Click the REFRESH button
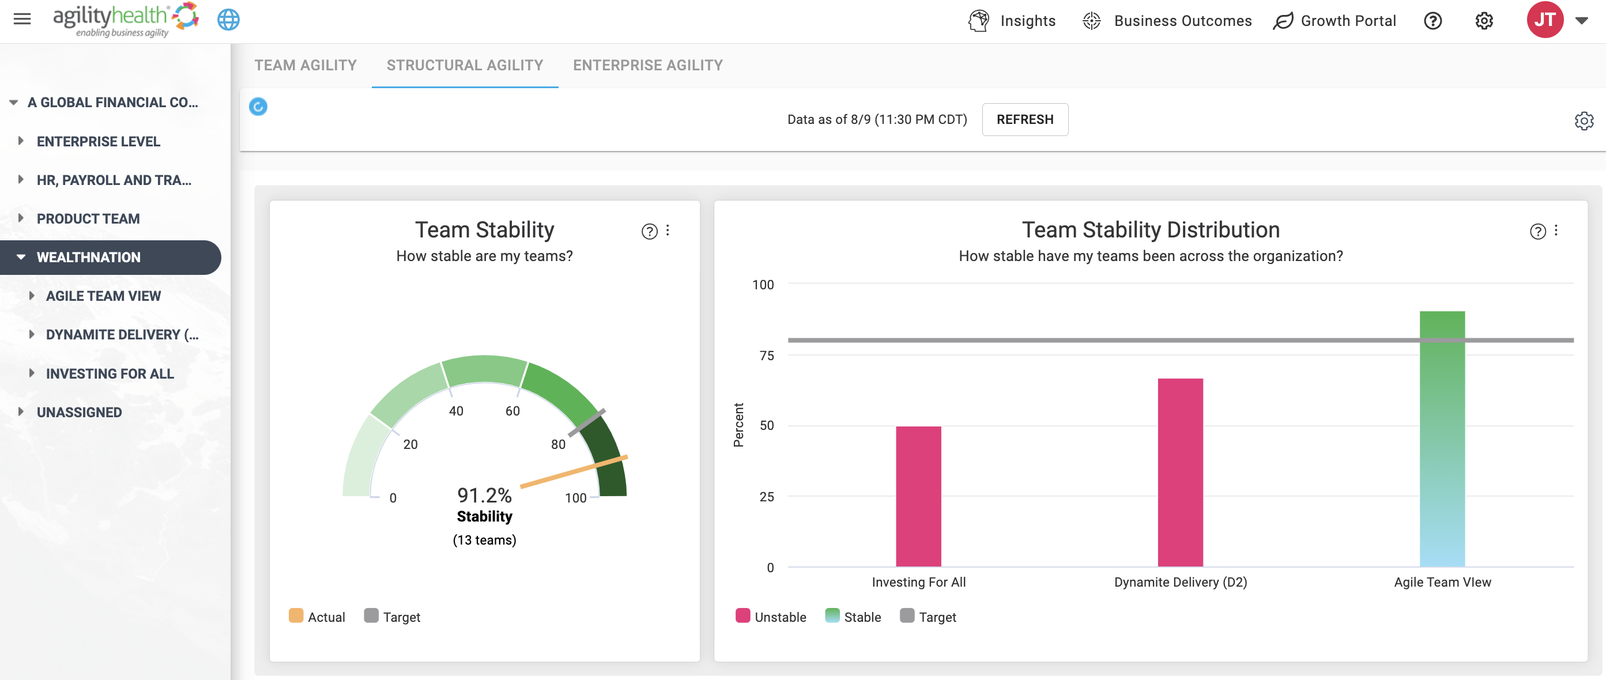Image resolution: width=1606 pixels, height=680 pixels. [x=1025, y=119]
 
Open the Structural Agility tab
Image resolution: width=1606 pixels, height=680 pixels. [x=465, y=66]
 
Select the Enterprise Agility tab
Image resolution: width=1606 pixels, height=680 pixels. [x=648, y=66]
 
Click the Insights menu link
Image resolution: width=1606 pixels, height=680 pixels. [x=1012, y=21]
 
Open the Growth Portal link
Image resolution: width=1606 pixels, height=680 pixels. [x=1335, y=21]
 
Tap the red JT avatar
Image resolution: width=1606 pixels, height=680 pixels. [x=1545, y=20]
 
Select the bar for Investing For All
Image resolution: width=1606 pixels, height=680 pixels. [x=918, y=496]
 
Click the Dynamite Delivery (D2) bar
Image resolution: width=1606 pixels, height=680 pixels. [x=1180, y=473]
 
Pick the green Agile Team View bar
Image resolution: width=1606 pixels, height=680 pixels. [x=1442, y=439]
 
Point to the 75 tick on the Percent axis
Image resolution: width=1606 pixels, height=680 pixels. [x=767, y=355]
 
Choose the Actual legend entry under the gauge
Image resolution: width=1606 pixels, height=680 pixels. [x=316, y=617]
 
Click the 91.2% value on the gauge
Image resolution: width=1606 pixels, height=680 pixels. [x=484, y=495]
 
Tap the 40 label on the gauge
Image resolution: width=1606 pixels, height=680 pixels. [x=457, y=411]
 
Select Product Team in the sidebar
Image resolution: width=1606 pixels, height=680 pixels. [x=88, y=219]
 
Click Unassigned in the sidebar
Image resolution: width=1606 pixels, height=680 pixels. [x=79, y=412]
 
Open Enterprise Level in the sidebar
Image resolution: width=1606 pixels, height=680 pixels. [x=99, y=142]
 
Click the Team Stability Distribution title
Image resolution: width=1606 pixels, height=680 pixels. [x=1151, y=229]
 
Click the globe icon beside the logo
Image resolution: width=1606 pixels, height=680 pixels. [x=228, y=20]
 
